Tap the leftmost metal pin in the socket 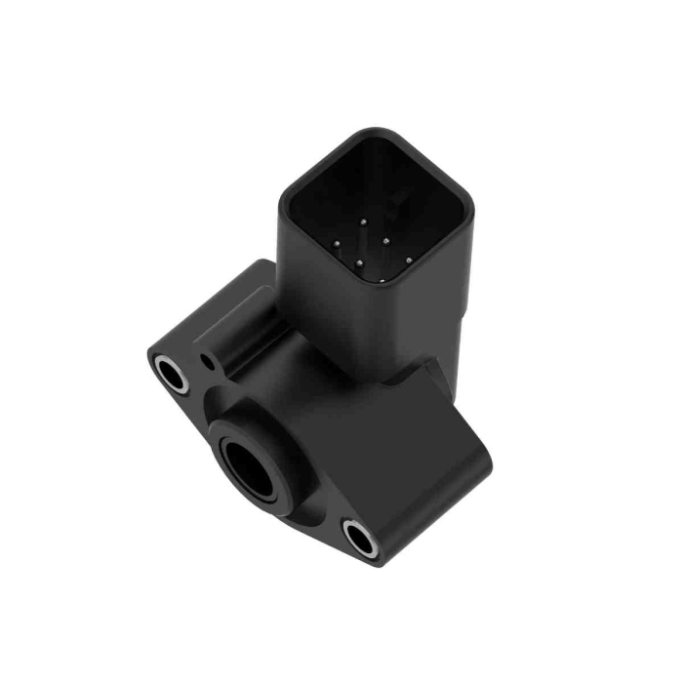336,244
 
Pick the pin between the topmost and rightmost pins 386,239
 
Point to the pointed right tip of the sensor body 488,463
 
